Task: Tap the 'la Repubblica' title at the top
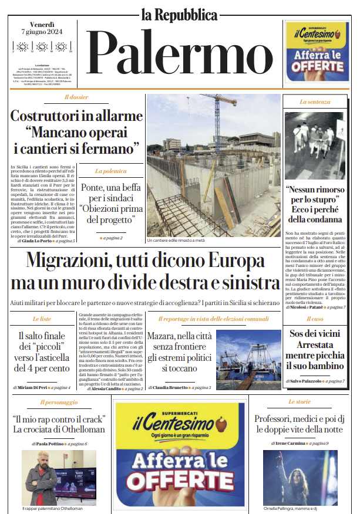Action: pos(179,14)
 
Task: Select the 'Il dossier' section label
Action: pos(76,97)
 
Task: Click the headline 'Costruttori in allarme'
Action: pos(76,116)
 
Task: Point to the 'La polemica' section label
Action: pos(111,171)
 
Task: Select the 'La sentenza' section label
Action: pos(315,102)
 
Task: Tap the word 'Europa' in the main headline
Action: pos(241,261)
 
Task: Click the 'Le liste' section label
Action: pos(42,319)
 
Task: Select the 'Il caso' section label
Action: pos(315,319)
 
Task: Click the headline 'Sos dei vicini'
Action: pos(315,333)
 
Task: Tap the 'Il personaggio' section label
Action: pos(59,402)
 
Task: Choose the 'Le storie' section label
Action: pos(300,402)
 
